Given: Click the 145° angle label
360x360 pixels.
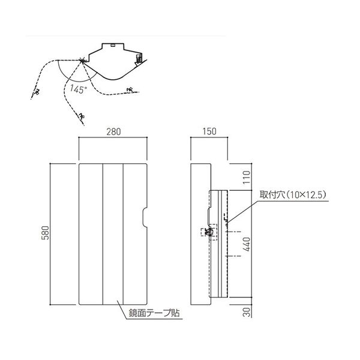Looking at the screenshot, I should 78,89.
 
